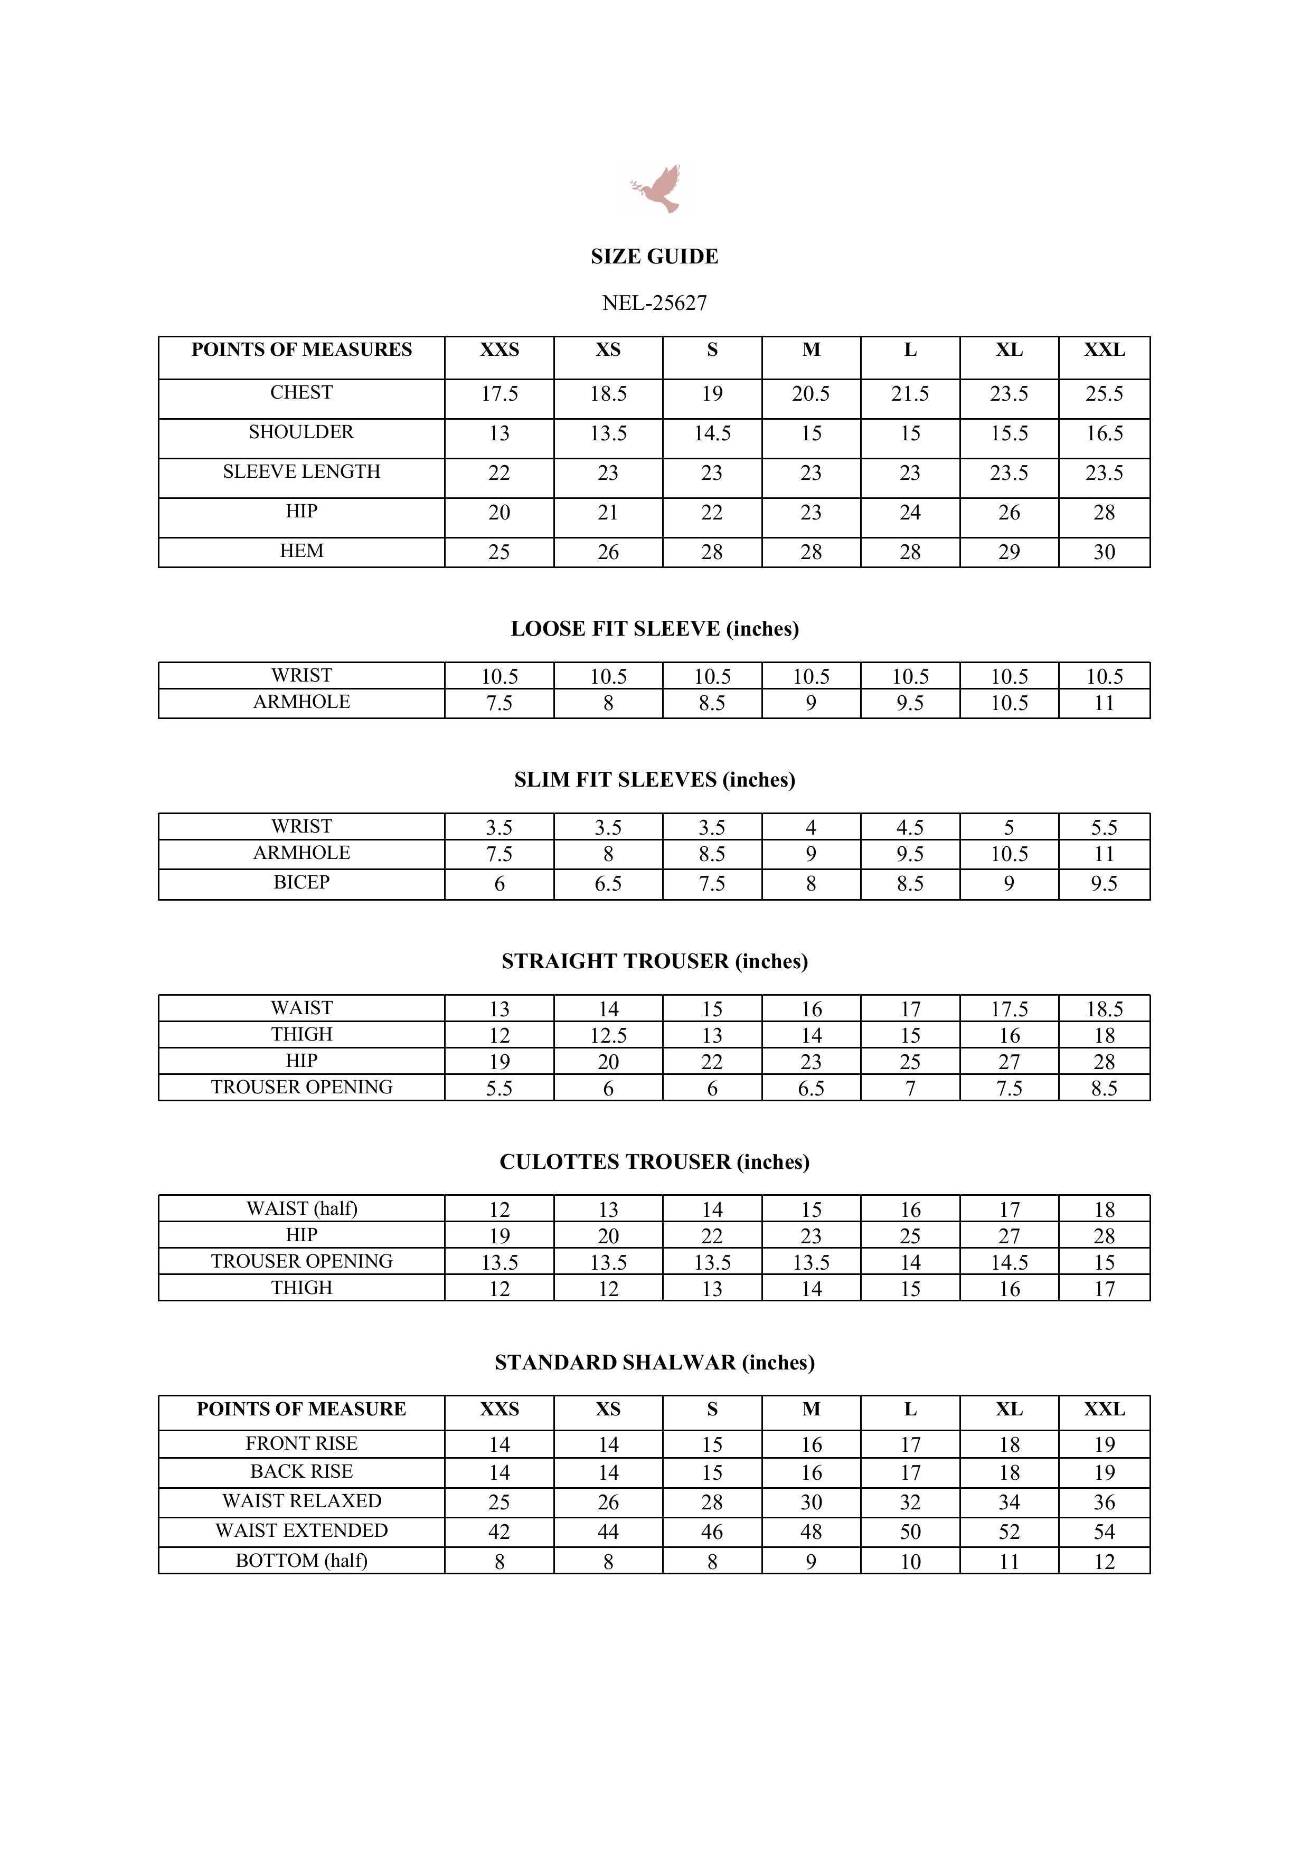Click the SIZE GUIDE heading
point(654,257)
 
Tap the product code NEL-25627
point(654,303)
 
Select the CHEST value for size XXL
point(1104,394)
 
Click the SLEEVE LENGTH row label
point(301,472)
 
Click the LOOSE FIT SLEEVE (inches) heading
point(654,629)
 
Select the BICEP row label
point(301,882)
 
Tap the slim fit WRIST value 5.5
point(1104,828)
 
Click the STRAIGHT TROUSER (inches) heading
point(654,961)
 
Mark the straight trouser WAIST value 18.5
point(1104,1009)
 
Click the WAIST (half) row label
point(301,1208)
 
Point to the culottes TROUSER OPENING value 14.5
point(1009,1262)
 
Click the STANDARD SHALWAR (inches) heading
point(654,1363)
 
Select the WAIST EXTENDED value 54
point(1104,1532)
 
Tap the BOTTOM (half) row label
point(301,1561)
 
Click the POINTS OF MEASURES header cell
point(301,350)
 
